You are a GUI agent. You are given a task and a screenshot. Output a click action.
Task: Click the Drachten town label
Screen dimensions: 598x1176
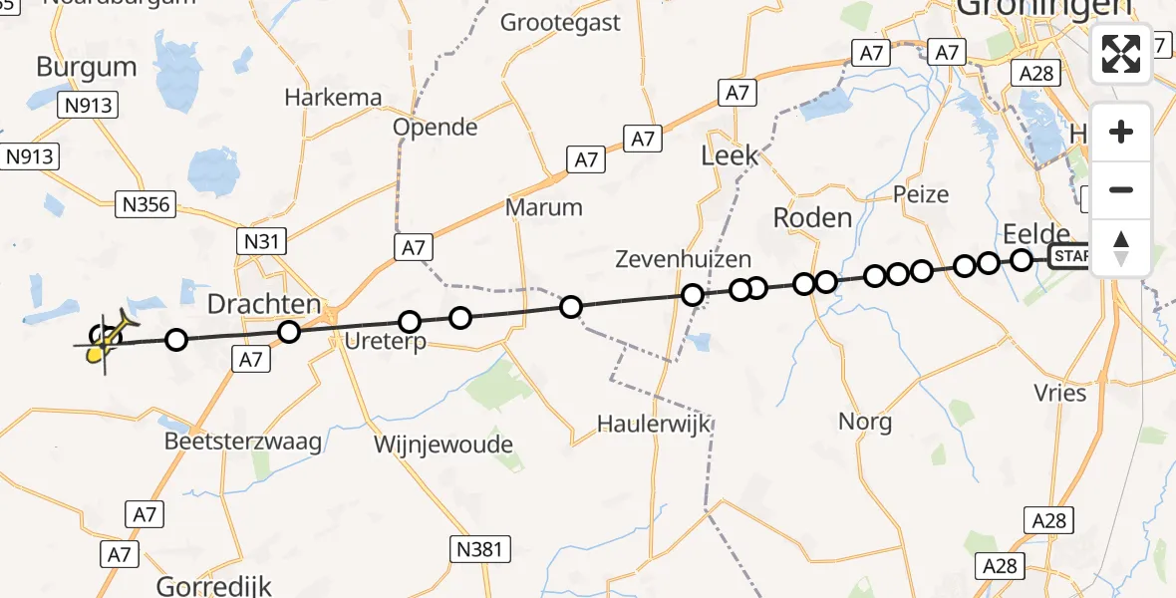pyautogui.click(x=264, y=303)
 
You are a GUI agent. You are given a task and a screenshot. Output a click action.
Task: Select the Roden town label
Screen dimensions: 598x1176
pyautogui.click(x=813, y=218)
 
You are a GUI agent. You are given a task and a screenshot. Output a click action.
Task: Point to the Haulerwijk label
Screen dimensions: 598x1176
pyautogui.click(x=654, y=424)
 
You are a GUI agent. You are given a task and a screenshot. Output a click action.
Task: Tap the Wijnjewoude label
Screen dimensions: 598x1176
pyautogui.click(x=442, y=444)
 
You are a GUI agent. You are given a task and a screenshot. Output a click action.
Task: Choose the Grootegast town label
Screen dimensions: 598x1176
pyautogui.click(x=560, y=22)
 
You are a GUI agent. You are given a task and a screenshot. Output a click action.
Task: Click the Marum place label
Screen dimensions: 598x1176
pyautogui.click(x=543, y=207)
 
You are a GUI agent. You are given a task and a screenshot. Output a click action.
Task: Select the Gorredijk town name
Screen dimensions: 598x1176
pyautogui.click(x=214, y=585)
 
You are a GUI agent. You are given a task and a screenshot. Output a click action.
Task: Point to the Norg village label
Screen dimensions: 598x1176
pyautogui.click(x=865, y=422)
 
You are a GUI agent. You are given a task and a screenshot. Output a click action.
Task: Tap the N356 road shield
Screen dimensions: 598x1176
pyautogui.click(x=146, y=205)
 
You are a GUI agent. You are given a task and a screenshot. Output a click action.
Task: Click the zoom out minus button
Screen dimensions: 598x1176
pyautogui.click(x=1121, y=190)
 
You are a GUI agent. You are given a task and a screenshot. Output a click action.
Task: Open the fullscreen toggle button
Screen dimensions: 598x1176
pyautogui.click(x=1121, y=54)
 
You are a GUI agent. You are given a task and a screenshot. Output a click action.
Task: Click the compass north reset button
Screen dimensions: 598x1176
pyautogui.click(x=1121, y=248)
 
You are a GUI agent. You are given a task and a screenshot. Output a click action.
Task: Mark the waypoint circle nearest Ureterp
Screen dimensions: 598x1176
pyautogui.click(x=410, y=322)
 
